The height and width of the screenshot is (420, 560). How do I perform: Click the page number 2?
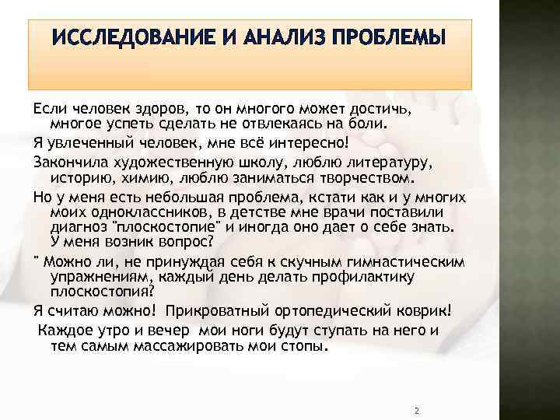(418, 410)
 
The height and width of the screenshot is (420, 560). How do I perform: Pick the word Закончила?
(68, 163)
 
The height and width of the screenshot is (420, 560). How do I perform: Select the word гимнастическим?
(395, 258)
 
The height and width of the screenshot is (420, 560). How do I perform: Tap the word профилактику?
(365, 276)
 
